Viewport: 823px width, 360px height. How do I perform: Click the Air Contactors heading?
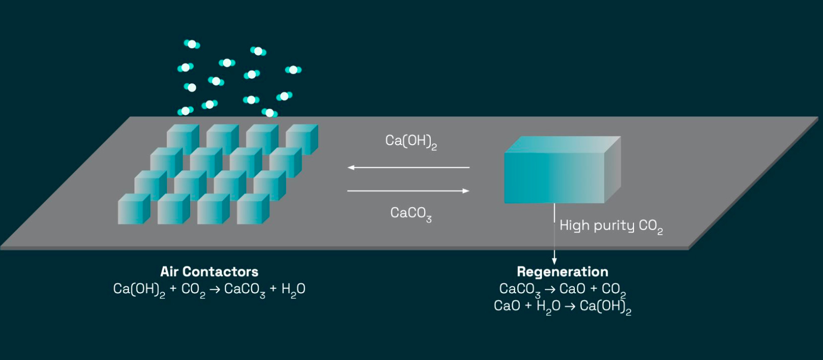click(x=209, y=272)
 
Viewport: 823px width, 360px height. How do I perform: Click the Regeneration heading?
click(x=562, y=272)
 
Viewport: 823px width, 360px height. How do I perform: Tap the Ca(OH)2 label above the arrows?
click(x=410, y=141)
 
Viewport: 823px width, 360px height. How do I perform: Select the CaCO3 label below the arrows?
click(x=410, y=213)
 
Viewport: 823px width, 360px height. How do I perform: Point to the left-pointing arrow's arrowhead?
click(x=351, y=167)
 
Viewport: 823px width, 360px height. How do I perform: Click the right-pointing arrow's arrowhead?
click(x=466, y=191)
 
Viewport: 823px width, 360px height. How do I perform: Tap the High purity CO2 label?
click(x=611, y=226)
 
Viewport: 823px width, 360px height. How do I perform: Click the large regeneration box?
click(x=554, y=177)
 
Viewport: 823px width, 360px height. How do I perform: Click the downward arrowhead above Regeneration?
click(x=555, y=260)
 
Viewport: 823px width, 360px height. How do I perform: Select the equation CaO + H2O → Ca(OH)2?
click(x=562, y=306)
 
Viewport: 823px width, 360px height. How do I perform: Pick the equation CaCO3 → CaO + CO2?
click(x=562, y=289)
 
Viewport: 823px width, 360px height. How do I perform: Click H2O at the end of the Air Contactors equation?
click(x=293, y=289)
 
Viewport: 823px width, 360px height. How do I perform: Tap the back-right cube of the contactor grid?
click(x=301, y=139)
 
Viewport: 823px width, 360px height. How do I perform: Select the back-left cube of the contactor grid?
click(x=182, y=139)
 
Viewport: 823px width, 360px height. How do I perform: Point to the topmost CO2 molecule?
click(x=192, y=44)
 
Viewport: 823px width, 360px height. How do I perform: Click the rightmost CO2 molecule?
click(x=293, y=70)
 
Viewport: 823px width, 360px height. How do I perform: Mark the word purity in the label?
click(x=614, y=226)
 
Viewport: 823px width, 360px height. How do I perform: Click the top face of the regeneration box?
click(x=562, y=145)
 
